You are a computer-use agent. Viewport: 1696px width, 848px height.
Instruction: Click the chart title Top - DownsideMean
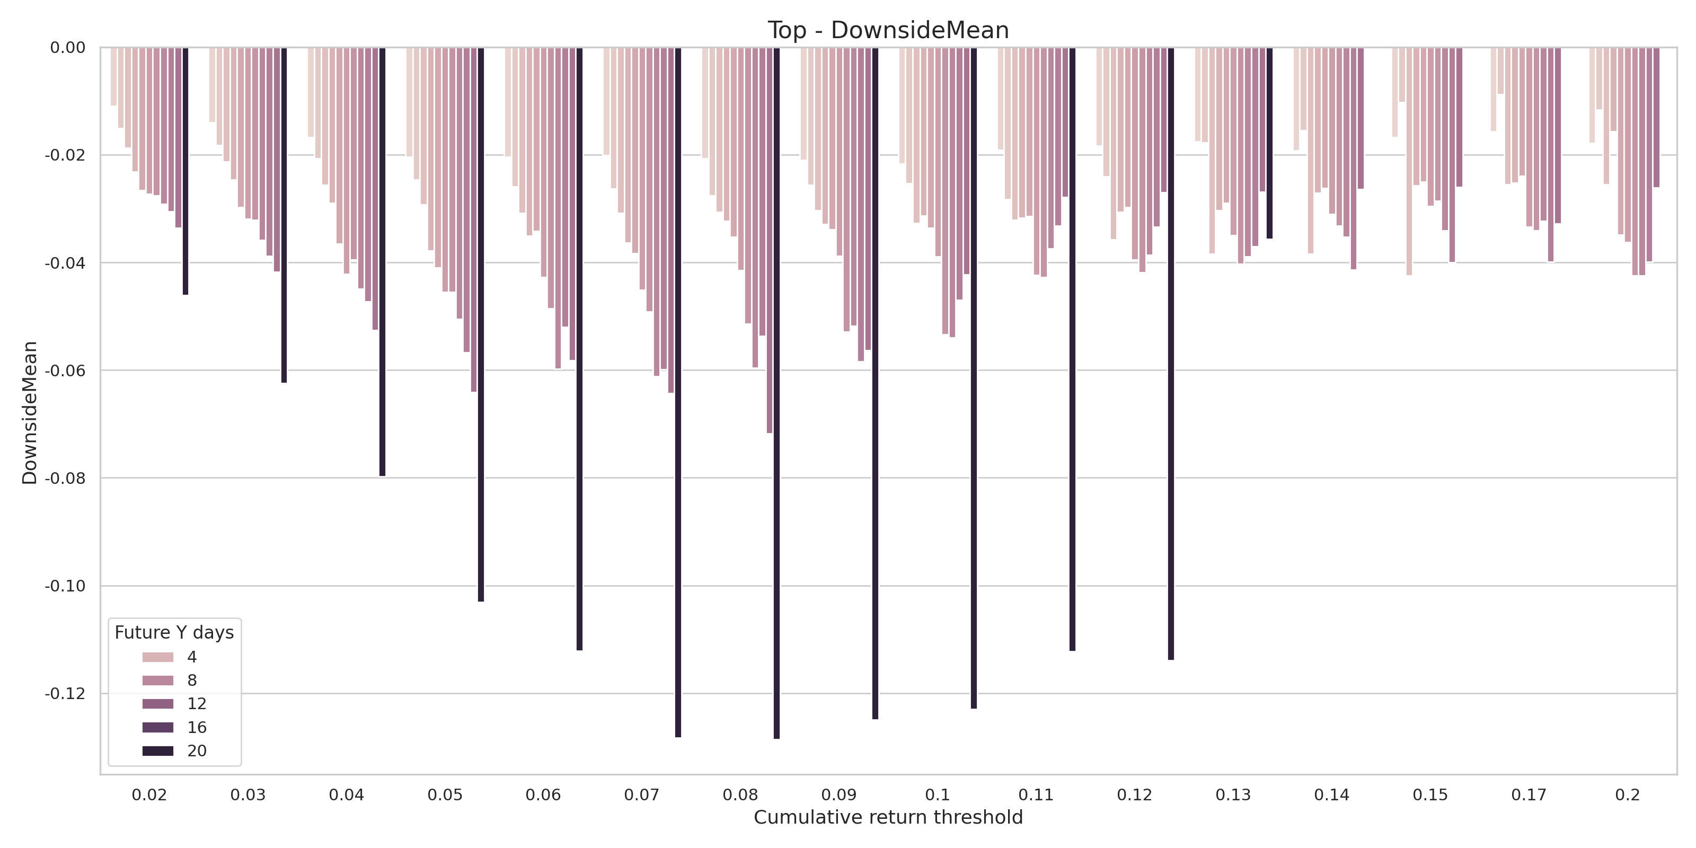[x=888, y=30]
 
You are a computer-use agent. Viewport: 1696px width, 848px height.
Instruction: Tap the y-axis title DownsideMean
[x=30, y=413]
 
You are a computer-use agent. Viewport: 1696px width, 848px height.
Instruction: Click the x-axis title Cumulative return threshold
[x=888, y=817]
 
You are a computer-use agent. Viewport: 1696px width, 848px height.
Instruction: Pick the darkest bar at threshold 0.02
[x=185, y=171]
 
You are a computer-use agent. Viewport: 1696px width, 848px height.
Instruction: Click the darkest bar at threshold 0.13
[x=1269, y=143]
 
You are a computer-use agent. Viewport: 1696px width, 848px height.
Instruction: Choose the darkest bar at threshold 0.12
[x=1171, y=353]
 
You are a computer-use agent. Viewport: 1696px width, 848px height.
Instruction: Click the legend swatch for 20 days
[x=158, y=751]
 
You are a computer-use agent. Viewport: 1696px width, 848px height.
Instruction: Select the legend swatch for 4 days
[x=158, y=657]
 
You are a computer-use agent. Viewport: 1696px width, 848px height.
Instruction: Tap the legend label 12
[x=196, y=704]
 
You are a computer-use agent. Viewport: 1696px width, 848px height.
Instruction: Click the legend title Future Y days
[x=174, y=633]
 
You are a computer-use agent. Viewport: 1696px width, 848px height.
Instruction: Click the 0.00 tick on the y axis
[x=68, y=47]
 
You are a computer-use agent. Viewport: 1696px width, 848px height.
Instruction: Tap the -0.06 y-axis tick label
[x=65, y=370]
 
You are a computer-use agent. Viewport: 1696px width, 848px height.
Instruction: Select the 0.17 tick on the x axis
[x=1529, y=794]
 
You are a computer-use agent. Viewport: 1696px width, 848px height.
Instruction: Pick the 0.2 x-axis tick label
[x=1628, y=794]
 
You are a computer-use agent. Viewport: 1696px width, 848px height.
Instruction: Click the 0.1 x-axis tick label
[x=938, y=794]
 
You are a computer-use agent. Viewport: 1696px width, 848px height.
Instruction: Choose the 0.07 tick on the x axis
[x=642, y=794]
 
